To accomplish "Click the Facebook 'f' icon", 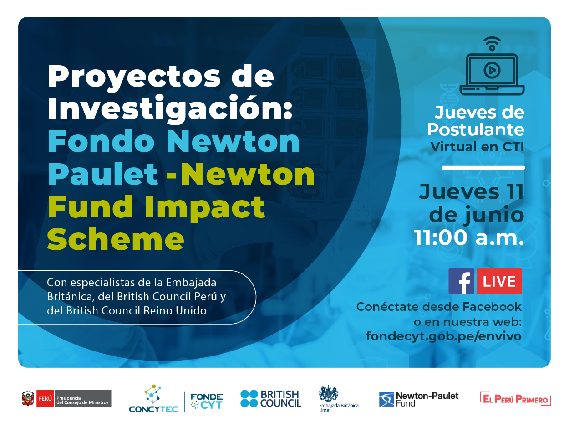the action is pos(461,281).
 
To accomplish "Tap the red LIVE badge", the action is pos(499,281).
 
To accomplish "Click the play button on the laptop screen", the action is pos(492,70).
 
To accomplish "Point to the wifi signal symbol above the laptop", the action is pos(492,44).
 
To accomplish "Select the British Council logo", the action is pos(271,398).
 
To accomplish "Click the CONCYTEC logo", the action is pos(153,398).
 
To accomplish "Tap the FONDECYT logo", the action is pos(207,401).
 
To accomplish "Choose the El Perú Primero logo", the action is pos(515,398).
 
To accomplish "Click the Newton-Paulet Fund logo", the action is pos(419,399).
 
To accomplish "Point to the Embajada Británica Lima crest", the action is pos(329,393).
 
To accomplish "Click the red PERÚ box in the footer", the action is pos(45,398).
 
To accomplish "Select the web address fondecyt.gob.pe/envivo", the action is pos(443,336).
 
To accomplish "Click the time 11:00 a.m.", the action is pos(469,237).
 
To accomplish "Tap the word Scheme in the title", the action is pos(116,239).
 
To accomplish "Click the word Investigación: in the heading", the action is pos(170,109).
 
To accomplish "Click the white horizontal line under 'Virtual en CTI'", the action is pos(483,168).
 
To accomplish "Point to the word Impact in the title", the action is pos(205,207).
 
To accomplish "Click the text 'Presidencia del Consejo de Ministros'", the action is pos(82,400).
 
